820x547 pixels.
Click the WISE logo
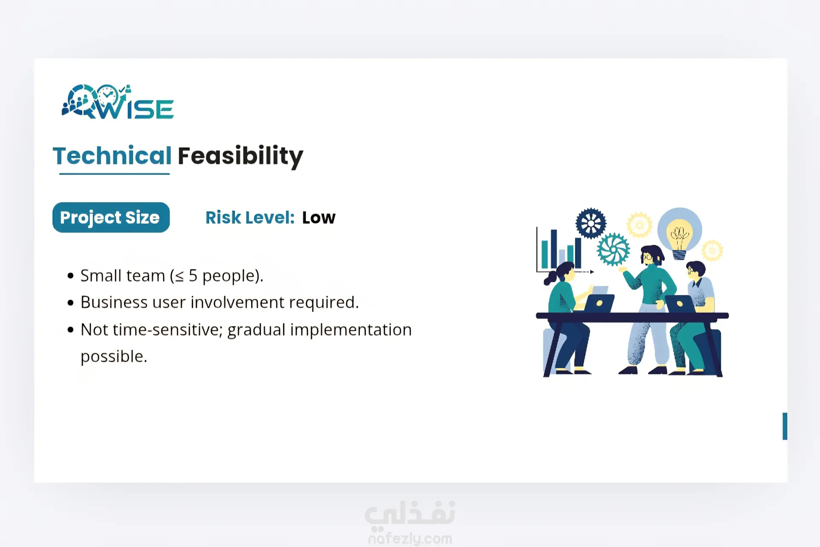118,102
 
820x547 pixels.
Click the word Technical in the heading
112,155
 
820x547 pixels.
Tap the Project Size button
111,217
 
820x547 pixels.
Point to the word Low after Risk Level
319,218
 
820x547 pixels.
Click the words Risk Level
250,218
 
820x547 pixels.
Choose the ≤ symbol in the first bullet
179,276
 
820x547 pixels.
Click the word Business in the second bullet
114,302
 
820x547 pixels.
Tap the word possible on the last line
114,357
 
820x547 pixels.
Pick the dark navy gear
591,223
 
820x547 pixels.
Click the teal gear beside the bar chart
613,250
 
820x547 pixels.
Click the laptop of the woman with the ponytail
599,303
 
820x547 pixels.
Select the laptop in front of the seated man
679,304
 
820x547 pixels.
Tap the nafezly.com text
410,538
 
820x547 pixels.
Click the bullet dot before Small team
71,276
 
